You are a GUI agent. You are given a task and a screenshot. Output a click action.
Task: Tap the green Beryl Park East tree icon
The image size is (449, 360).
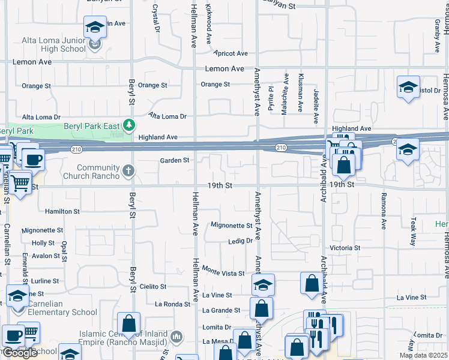click(x=128, y=125)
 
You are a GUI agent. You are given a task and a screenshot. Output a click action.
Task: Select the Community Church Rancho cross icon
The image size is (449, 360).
click(x=128, y=172)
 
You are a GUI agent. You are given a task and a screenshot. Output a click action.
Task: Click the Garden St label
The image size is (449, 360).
click(x=175, y=160)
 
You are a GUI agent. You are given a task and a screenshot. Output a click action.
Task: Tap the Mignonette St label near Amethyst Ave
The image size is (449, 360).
click(x=231, y=226)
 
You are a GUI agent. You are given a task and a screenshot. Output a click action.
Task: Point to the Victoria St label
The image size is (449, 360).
click(x=345, y=248)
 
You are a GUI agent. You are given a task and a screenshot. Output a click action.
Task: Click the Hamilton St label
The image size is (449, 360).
click(x=62, y=211)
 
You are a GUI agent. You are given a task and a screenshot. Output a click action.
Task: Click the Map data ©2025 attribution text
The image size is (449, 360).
click(x=423, y=355)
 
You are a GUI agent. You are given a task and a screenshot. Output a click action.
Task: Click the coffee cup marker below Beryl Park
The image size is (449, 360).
click(x=33, y=159)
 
